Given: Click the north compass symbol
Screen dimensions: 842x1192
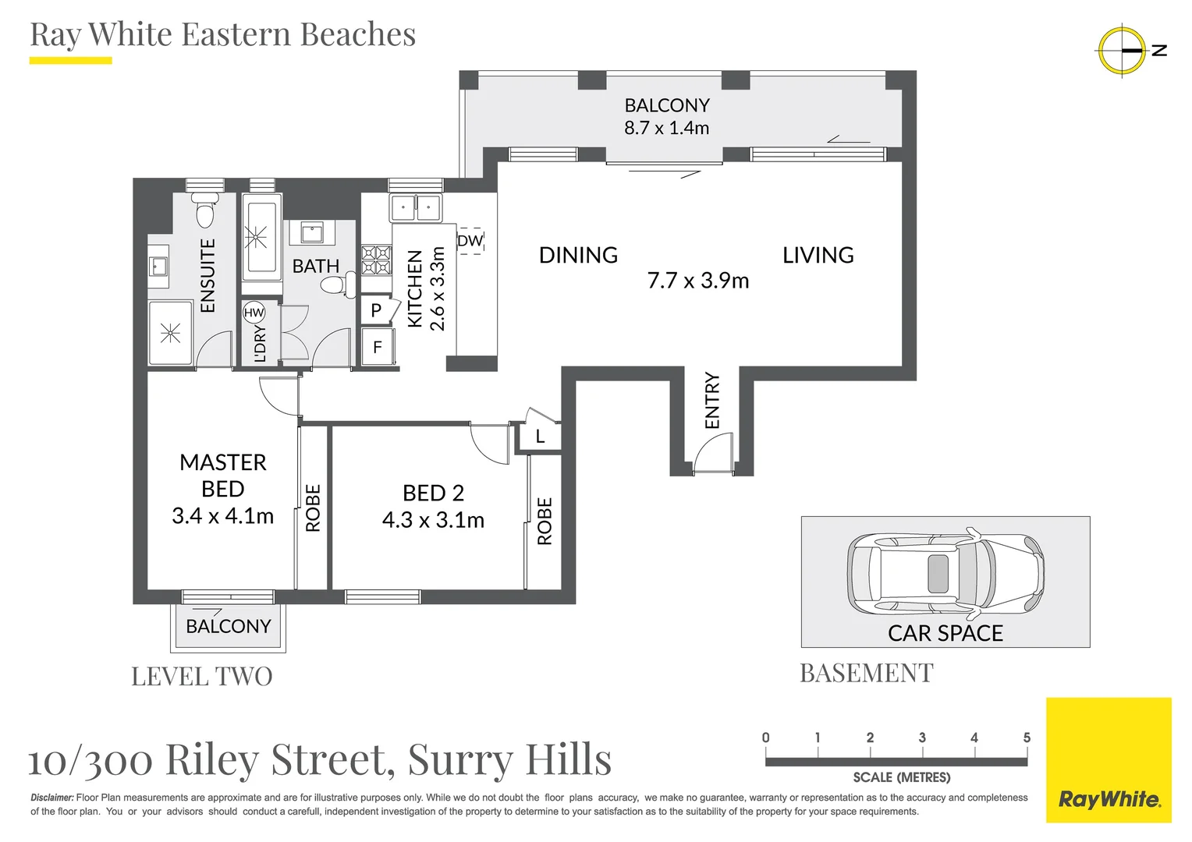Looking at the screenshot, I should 1122,50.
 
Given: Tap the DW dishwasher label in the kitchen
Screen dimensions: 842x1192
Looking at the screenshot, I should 470,241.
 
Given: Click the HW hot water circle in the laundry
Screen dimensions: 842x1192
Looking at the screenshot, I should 254,313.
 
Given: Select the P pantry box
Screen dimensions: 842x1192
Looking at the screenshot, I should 376,310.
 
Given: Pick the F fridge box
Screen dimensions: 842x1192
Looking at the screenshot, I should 378,347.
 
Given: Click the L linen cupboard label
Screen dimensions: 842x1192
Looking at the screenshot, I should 540,437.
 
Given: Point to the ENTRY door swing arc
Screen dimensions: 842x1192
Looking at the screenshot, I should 711,454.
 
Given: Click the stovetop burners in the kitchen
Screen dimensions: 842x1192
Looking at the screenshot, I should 376,260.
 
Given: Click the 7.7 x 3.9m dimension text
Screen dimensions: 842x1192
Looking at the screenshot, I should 698,281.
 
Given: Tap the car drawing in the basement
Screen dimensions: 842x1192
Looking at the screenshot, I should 945,573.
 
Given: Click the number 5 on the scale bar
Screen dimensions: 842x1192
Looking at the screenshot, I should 1027,738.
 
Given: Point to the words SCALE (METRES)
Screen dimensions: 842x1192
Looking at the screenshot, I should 901,777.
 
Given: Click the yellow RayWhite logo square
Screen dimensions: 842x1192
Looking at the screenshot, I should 1109,759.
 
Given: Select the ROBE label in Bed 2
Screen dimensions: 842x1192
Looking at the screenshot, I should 545,521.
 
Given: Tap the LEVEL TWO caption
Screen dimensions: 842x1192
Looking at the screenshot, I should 202,676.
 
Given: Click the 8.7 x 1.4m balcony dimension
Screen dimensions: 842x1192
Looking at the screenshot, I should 666,128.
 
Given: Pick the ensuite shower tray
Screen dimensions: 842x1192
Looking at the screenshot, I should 170,334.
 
